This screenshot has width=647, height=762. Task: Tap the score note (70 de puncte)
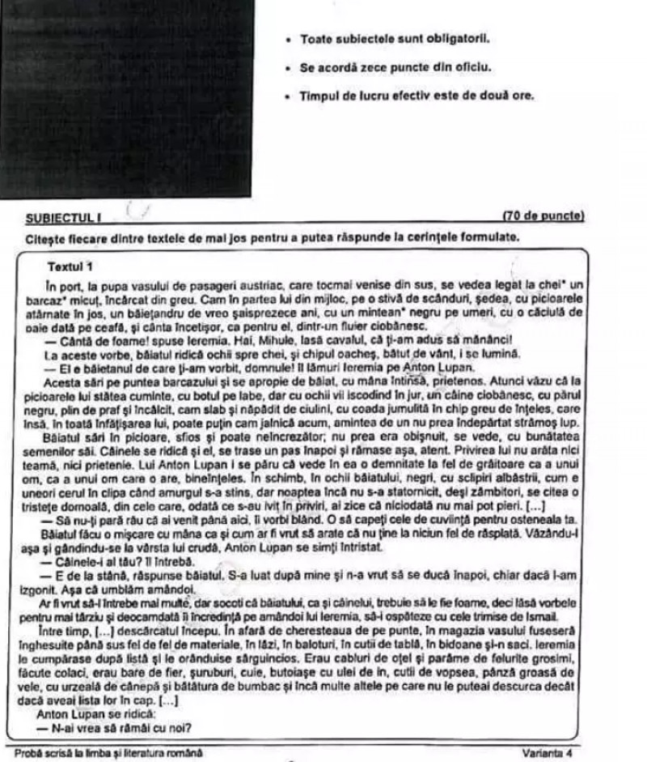543,216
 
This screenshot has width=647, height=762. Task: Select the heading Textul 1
70,266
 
